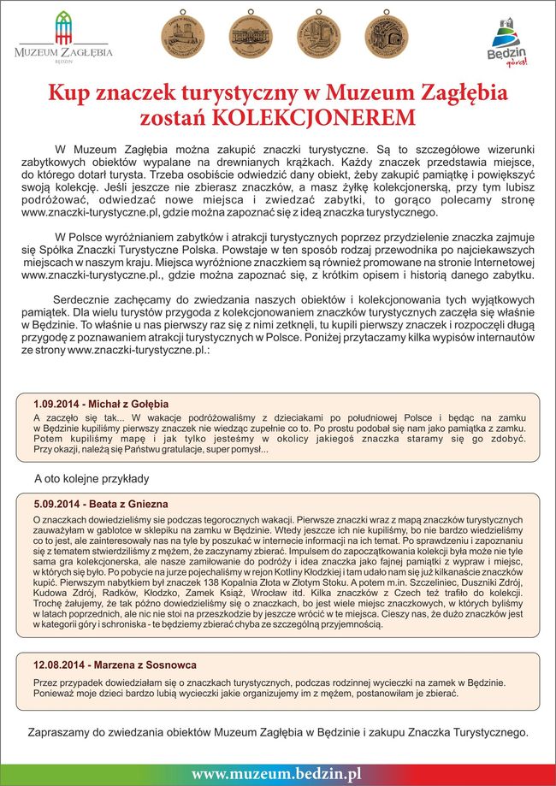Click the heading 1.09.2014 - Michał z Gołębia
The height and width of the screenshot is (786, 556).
click(101, 403)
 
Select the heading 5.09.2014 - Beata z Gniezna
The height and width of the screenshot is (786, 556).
click(101, 504)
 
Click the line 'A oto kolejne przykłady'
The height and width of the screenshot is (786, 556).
click(92, 478)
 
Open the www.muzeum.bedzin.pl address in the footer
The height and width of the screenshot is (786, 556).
click(276, 773)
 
